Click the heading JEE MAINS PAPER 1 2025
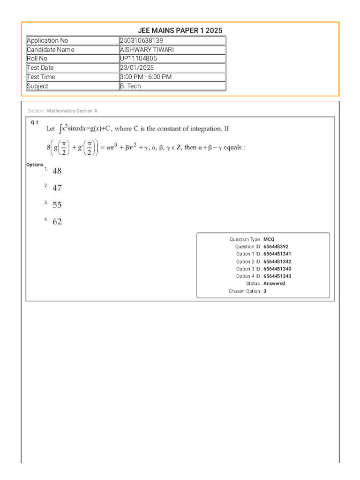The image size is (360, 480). [180, 30]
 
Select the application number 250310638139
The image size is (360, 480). [142, 41]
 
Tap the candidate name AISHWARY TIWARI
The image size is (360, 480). [143, 50]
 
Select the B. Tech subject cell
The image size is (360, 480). [131, 86]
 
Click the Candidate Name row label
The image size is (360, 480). [51, 50]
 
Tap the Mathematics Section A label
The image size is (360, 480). [72, 111]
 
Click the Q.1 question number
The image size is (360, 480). [34, 122]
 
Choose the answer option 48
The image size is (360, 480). [57, 172]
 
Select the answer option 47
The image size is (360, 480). [57, 188]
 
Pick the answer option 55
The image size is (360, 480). [57, 205]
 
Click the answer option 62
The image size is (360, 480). [57, 222]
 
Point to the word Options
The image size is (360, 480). [35, 165]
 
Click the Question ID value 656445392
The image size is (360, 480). [276, 247]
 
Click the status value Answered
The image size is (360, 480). [274, 284]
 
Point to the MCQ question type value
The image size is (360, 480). [269, 239]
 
